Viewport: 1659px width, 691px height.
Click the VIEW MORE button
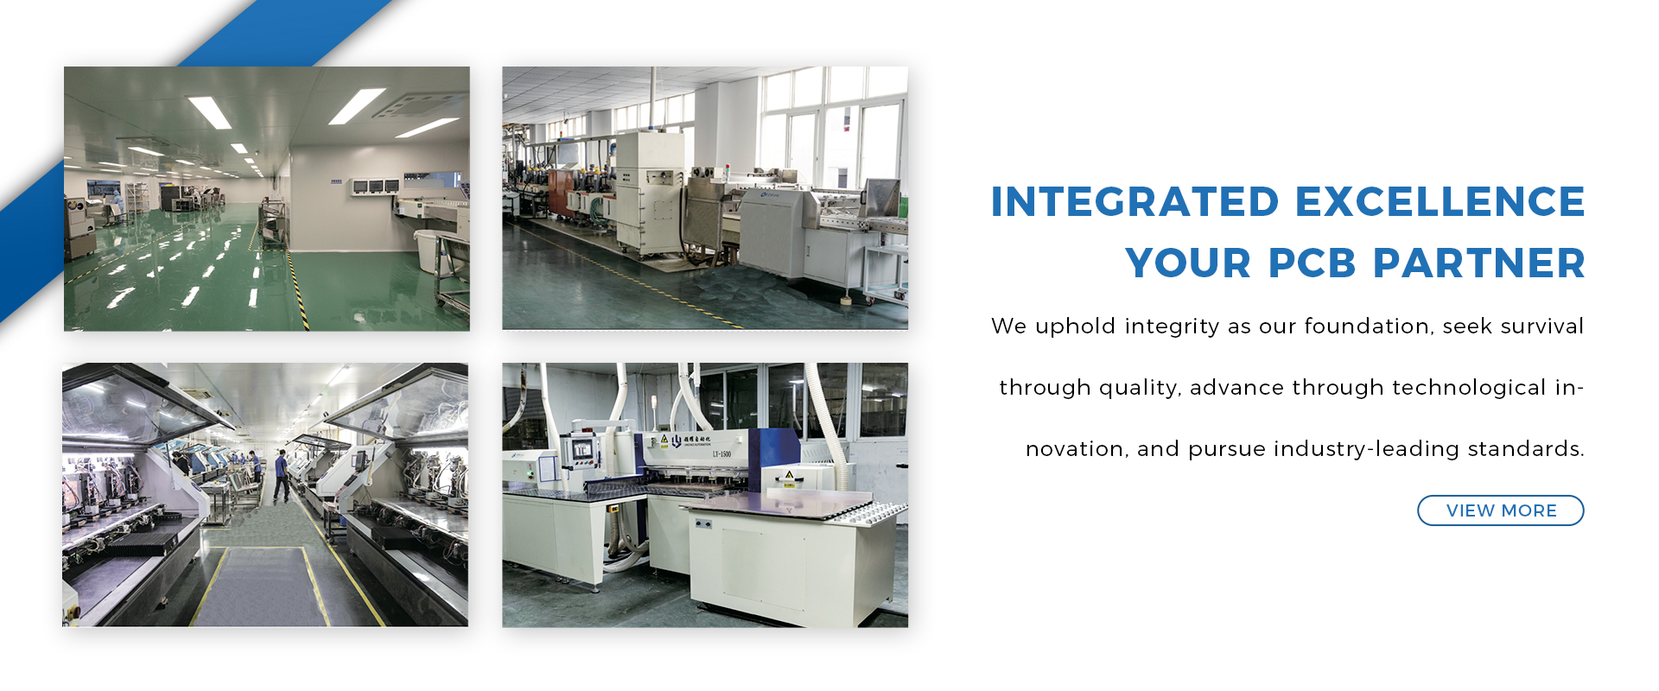coord(1500,510)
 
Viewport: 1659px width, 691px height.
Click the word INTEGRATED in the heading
coord(1135,202)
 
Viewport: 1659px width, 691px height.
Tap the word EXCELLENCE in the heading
coord(1440,202)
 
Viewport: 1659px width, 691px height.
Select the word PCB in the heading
coord(1312,263)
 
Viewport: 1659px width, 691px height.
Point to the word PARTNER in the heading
coord(1479,263)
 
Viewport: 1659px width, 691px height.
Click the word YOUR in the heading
coord(1188,263)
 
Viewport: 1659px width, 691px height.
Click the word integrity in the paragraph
coord(1172,326)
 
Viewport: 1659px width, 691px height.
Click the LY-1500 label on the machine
coord(721,453)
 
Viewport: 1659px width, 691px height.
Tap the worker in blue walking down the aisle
coord(282,475)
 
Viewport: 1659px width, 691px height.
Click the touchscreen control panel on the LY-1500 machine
coord(582,448)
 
